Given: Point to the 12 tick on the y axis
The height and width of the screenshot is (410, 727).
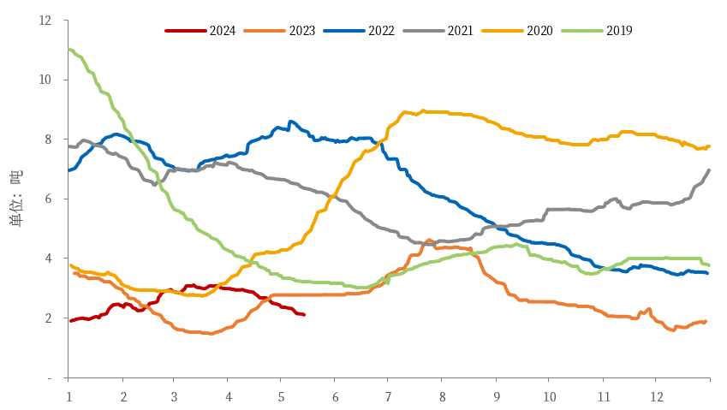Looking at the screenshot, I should click(x=45, y=20).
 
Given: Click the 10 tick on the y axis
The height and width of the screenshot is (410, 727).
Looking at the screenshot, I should click(x=45, y=80).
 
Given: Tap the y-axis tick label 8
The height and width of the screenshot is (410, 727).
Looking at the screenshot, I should click(x=48, y=140).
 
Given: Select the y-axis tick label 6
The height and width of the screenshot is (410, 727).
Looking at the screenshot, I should click(x=48, y=199).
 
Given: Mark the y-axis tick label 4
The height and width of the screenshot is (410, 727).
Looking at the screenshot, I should click(x=48, y=258).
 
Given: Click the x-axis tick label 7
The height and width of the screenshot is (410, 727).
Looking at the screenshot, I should click(x=388, y=397).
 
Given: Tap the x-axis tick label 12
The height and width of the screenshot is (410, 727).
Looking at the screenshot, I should click(x=655, y=397).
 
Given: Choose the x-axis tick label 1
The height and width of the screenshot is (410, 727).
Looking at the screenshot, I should click(x=69, y=397).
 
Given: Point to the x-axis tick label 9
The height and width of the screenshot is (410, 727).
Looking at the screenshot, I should click(x=495, y=397).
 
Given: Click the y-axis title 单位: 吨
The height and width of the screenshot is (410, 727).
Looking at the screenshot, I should click(x=15, y=199).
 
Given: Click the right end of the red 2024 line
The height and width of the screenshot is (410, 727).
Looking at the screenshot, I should click(x=304, y=315).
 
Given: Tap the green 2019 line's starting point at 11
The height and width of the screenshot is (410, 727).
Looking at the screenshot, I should click(x=69, y=50).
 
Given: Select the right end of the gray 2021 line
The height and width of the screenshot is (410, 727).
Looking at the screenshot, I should click(x=709, y=170).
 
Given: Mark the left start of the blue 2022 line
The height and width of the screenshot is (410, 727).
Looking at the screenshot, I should click(x=69, y=170).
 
